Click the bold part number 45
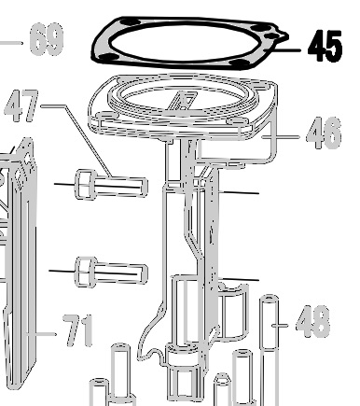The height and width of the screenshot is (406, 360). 325,46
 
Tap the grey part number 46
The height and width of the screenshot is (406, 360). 324,133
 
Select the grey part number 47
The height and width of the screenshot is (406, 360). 21,105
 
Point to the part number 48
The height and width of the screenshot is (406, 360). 312,321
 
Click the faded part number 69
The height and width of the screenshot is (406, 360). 47,38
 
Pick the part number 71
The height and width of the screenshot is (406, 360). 77,330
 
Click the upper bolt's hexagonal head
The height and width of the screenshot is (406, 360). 85,185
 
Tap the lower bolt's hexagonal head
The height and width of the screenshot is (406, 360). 85,272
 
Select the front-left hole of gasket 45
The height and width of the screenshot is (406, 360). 108,57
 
